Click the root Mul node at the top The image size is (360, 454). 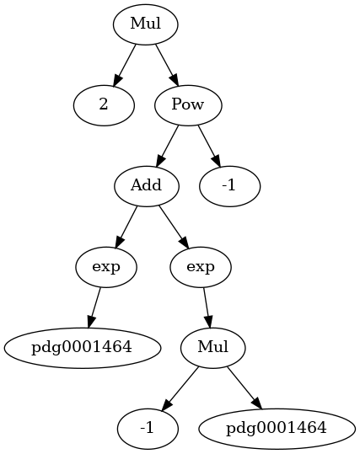[145, 24]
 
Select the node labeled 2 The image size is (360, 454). [104, 105]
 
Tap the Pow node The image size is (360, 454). [188, 105]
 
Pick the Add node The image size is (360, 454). [146, 186]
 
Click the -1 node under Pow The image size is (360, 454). [230, 186]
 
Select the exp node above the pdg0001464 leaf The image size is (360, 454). [105, 267]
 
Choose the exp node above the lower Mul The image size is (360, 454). [201, 267]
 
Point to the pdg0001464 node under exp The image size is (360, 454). [82, 348]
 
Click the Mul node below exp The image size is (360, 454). [213, 348]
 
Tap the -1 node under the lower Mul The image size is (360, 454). [148, 429]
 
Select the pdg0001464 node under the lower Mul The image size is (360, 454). [277, 429]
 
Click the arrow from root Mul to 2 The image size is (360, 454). [124, 66]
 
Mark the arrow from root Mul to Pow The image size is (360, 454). [167, 66]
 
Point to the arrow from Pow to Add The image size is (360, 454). [167, 147]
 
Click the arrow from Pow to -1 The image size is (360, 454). [209, 147]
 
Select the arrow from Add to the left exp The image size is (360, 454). [126, 227]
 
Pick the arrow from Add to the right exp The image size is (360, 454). [174, 227]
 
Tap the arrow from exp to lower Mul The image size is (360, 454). [207, 307]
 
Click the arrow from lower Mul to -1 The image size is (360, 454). [180, 389]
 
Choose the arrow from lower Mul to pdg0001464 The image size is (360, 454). [244, 388]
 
